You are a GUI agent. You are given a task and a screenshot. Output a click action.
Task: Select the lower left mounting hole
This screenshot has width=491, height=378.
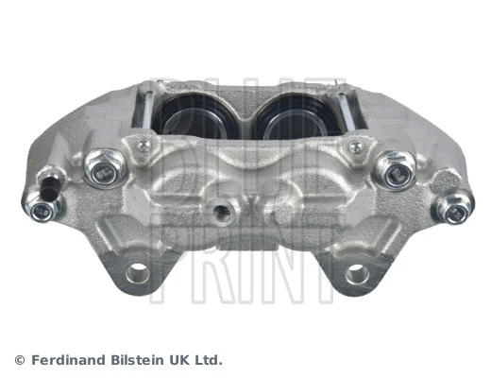point(138,274)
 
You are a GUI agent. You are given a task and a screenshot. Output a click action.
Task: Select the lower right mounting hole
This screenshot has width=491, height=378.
point(356,274)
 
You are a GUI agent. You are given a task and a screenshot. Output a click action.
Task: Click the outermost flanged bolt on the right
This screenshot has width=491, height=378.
point(455,205)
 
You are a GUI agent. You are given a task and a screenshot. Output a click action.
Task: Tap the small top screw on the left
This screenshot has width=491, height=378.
point(144,146)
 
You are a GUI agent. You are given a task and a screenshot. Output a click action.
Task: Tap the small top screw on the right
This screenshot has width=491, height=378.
point(355,147)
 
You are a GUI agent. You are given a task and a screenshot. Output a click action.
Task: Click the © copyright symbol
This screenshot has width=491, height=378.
point(19,360)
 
